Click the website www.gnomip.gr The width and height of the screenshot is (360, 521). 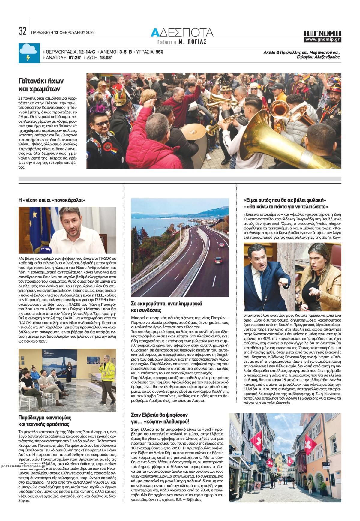tap(322, 40)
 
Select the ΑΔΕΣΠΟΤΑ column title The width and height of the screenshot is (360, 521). tap(182, 32)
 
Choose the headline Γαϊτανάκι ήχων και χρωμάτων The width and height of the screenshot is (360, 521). tap(41, 85)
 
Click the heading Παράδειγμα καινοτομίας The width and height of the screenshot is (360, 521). tap(45, 421)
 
